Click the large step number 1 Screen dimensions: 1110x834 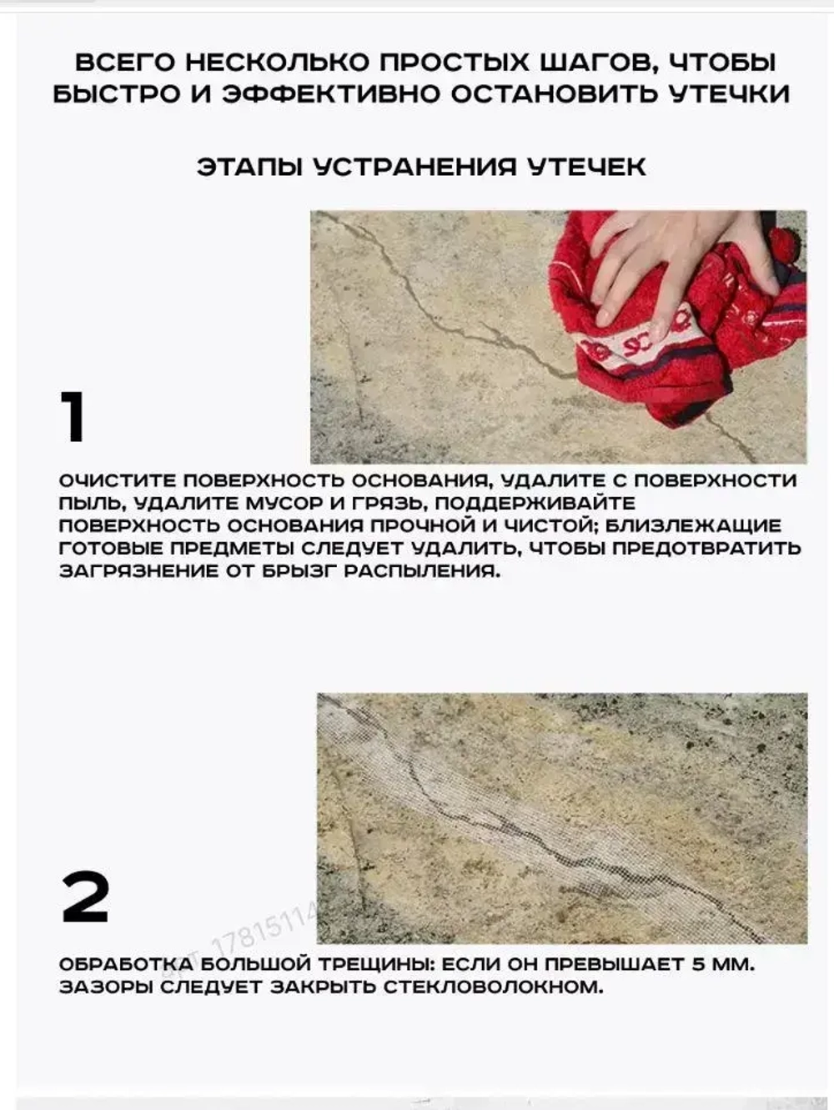click(x=73, y=416)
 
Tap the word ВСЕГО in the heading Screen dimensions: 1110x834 click(x=125, y=63)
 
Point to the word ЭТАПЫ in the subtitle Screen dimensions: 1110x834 click(x=249, y=166)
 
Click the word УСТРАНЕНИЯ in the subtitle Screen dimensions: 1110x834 click(x=414, y=166)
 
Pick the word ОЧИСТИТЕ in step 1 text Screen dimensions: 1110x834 click(x=118, y=481)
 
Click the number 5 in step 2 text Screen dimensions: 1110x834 click(x=701, y=965)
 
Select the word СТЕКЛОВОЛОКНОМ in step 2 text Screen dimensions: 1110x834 click(x=493, y=987)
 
